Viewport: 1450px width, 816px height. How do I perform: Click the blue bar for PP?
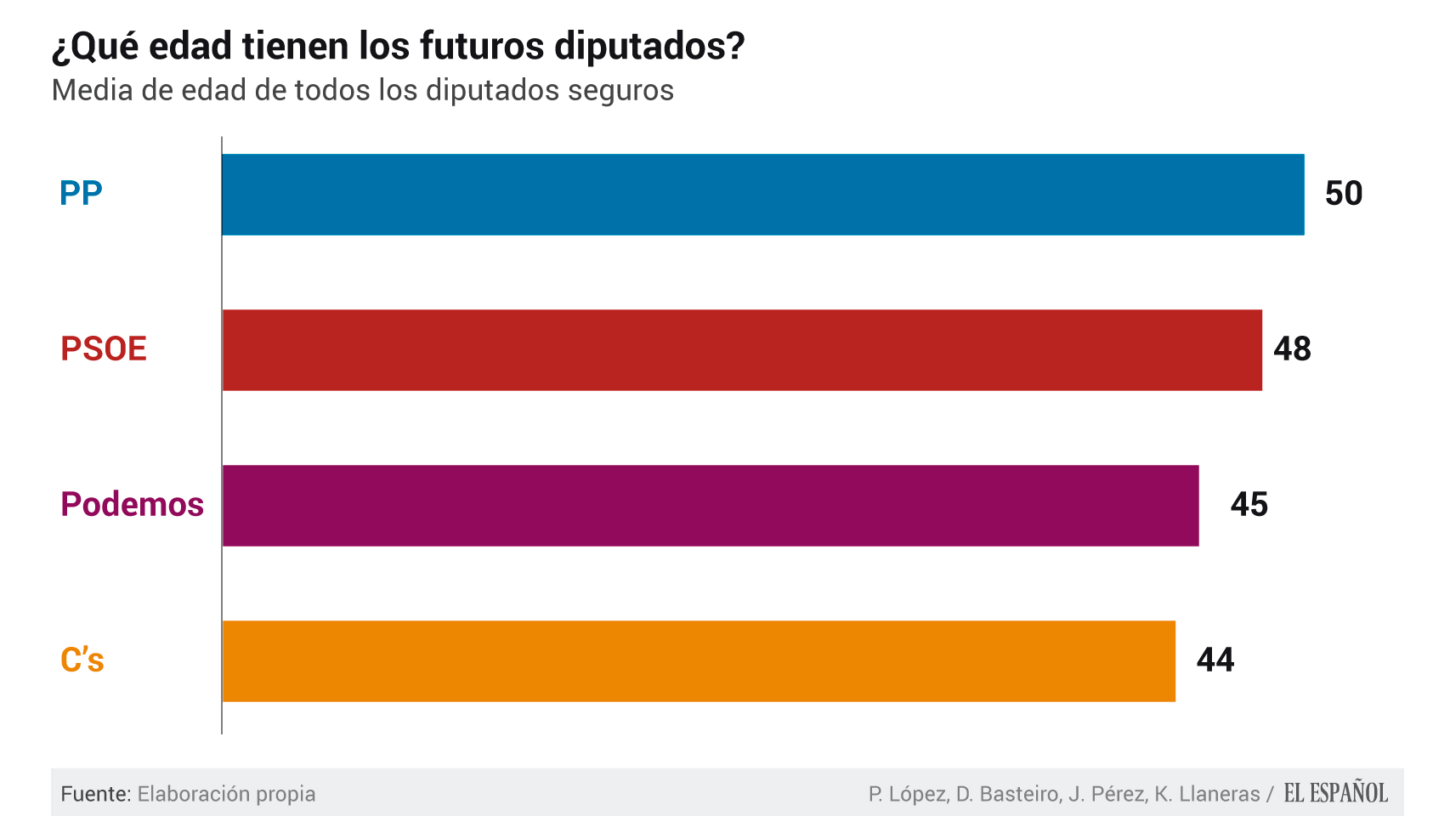tap(762, 195)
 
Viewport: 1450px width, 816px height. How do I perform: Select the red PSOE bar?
tap(742, 350)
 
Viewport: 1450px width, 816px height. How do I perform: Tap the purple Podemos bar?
tap(711, 506)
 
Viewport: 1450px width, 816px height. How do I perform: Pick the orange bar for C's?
tap(699, 661)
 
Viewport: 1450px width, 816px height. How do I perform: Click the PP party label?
tap(81, 194)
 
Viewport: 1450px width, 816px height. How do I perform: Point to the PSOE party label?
tap(104, 349)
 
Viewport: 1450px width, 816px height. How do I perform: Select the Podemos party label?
tap(132, 505)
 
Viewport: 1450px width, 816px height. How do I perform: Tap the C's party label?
tap(82, 660)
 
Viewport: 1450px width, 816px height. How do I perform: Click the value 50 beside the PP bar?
tap(1344, 194)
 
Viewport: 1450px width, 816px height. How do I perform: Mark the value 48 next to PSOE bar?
tap(1292, 349)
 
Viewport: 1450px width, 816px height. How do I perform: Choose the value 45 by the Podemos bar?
tap(1249, 505)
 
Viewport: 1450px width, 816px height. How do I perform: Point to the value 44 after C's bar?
tap(1215, 660)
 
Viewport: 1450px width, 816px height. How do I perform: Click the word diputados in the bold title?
tap(649, 46)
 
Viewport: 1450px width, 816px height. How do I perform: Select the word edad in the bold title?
tap(190, 46)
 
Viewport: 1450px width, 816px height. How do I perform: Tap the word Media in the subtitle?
tap(93, 90)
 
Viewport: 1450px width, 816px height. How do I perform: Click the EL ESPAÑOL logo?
tap(1335, 793)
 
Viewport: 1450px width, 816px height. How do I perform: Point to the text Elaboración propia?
tap(226, 794)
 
